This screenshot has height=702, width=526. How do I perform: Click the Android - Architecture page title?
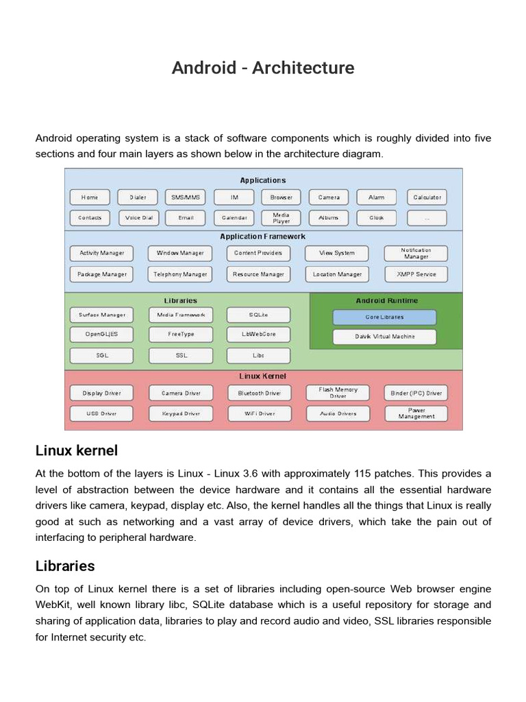(263, 68)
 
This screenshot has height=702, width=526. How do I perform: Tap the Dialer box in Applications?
(137, 197)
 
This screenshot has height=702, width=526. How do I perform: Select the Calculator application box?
(427, 197)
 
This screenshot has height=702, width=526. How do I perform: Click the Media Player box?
(281, 218)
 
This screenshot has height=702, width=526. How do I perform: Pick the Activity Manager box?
(102, 253)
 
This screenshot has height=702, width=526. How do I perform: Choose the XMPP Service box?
(416, 274)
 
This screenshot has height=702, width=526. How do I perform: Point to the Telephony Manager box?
(180, 274)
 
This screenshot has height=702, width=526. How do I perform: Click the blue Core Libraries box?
(384, 317)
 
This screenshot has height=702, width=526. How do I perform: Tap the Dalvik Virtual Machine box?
(384, 337)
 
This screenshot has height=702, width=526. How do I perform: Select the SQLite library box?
(258, 315)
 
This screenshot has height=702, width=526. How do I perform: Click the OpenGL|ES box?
(102, 335)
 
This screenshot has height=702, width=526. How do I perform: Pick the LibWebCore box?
(258, 335)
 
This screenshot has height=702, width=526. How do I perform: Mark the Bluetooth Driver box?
(259, 394)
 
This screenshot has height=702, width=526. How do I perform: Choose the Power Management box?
(416, 413)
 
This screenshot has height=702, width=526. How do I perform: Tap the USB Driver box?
(102, 413)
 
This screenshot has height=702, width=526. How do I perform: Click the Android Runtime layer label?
(386, 301)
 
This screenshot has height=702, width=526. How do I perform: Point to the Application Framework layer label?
(262, 237)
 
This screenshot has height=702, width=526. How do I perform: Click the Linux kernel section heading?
(77, 450)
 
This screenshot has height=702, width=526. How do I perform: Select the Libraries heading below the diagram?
(65, 566)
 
